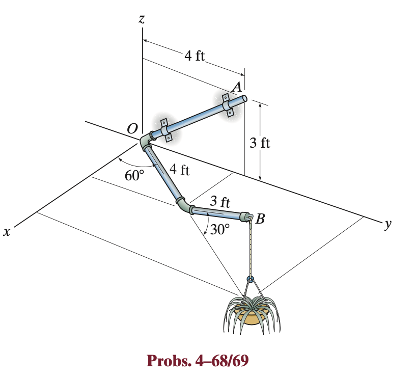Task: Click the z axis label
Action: tap(142, 19)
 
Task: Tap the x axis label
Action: tap(7, 232)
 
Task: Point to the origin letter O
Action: tap(132, 129)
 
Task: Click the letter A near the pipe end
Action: tap(236, 88)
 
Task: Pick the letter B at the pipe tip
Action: tap(261, 220)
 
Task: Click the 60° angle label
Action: tap(135, 176)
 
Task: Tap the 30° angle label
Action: tap(220, 229)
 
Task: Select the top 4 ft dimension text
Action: tap(194, 56)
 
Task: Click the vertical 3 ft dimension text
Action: tap(260, 143)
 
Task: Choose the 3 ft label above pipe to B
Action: tap(220, 201)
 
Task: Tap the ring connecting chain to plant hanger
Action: tap(250, 279)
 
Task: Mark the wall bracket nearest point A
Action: tap(228, 106)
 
